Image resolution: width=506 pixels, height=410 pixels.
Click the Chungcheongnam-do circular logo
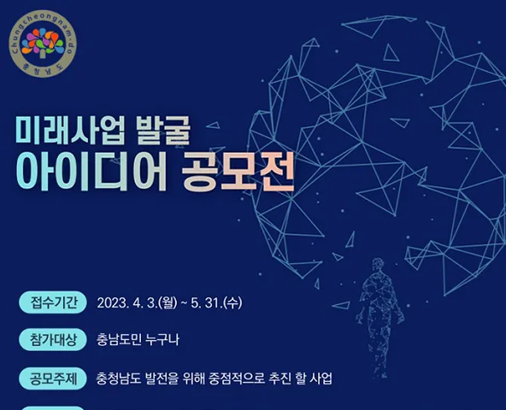click(x=43, y=44)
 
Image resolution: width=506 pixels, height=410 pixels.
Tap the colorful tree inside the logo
click(x=43, y=43)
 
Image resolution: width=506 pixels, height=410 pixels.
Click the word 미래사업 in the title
click(x=70, y=130)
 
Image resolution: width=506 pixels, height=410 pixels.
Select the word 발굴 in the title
click(x=163, y=130)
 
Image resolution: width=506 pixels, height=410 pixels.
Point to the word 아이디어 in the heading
click(x=91, y=171)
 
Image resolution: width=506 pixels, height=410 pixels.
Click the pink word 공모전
click(x=238, y=171)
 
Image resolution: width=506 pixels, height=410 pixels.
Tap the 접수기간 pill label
click(x=53, y=302)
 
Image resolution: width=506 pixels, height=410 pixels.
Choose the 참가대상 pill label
click(x=53, y=340)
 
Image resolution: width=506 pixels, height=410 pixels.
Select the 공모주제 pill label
click(x=53, y=378)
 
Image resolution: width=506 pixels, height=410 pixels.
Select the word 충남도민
click(x=119, y=340)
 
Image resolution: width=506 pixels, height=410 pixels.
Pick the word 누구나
click(x=162, y=340)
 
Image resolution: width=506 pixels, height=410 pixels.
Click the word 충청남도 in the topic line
click(x=119, y=378)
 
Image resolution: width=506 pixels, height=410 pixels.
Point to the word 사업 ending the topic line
click(x=321, y=378)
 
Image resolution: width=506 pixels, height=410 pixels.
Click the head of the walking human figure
click(x=377, y=264)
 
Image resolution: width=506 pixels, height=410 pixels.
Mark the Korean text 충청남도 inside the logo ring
click(x=43, y=70)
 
